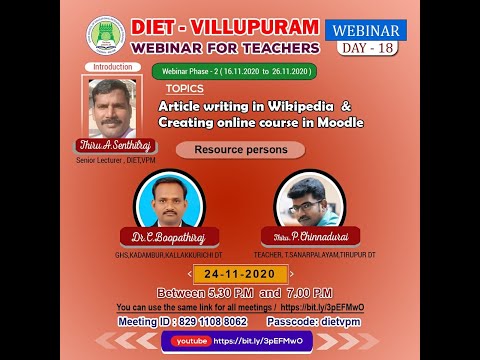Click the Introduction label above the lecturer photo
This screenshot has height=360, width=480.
click(111, 67)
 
